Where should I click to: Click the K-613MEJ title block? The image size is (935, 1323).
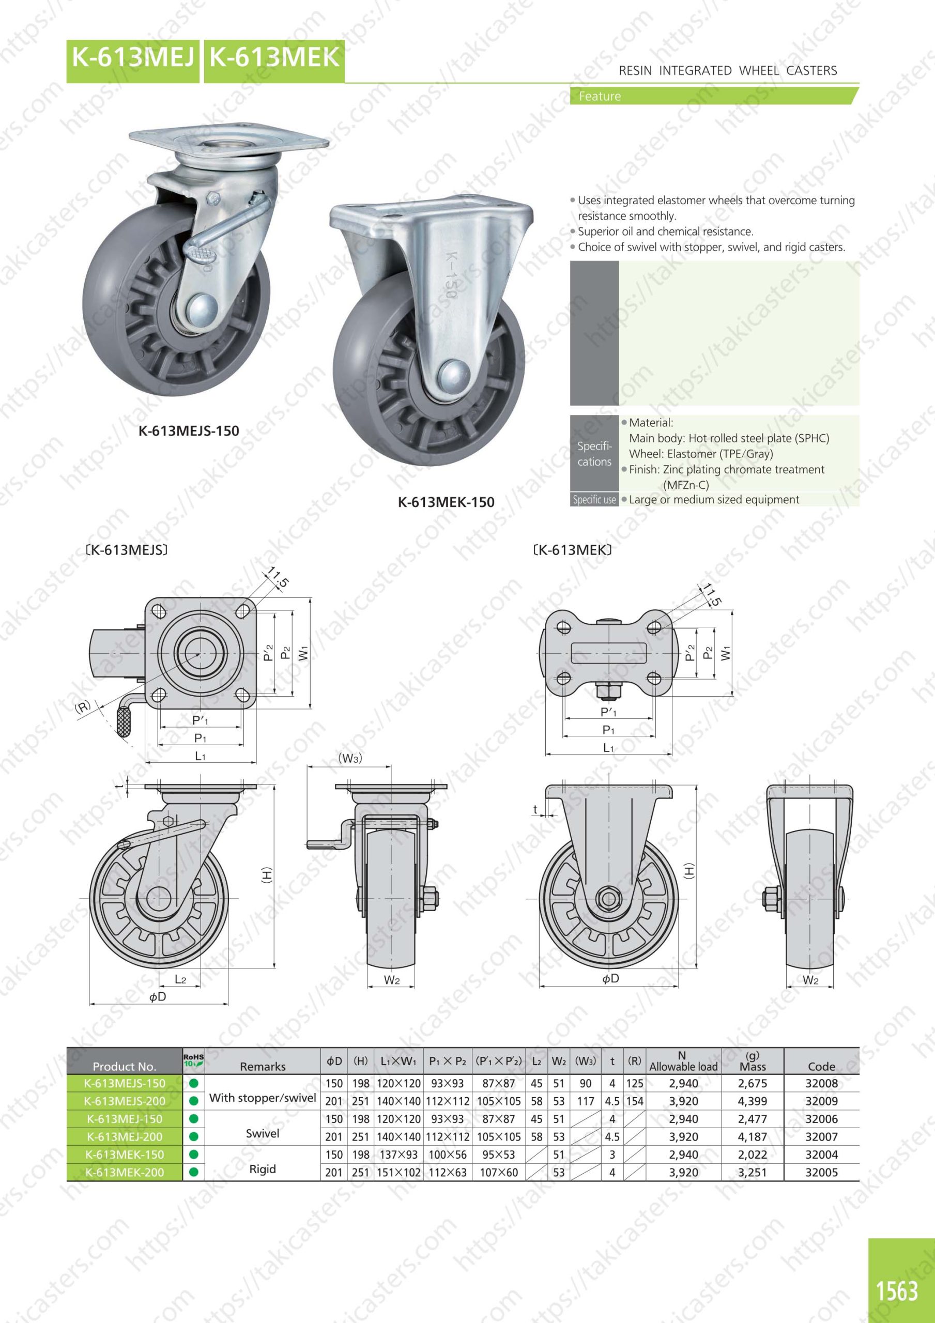click(133, 61)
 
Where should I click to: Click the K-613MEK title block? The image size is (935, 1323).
click(274, 61)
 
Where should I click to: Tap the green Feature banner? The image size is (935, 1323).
click(714, 96)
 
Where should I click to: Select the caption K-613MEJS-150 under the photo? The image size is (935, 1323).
click(189, 430)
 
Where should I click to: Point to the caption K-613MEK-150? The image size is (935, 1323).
click(446, 502)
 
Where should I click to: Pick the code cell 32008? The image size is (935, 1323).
click(821, 1083)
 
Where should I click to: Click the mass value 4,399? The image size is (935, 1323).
click(752, 1101)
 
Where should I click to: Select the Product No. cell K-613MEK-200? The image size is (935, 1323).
click(125, 1172)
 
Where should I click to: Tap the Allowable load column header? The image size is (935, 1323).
click(684, 1062)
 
